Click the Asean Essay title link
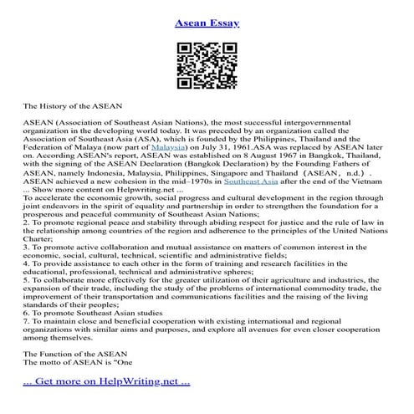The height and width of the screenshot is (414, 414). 207,23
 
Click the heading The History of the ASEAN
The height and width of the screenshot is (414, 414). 73,107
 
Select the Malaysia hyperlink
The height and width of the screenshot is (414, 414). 169,145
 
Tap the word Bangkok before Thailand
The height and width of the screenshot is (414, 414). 322,156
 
